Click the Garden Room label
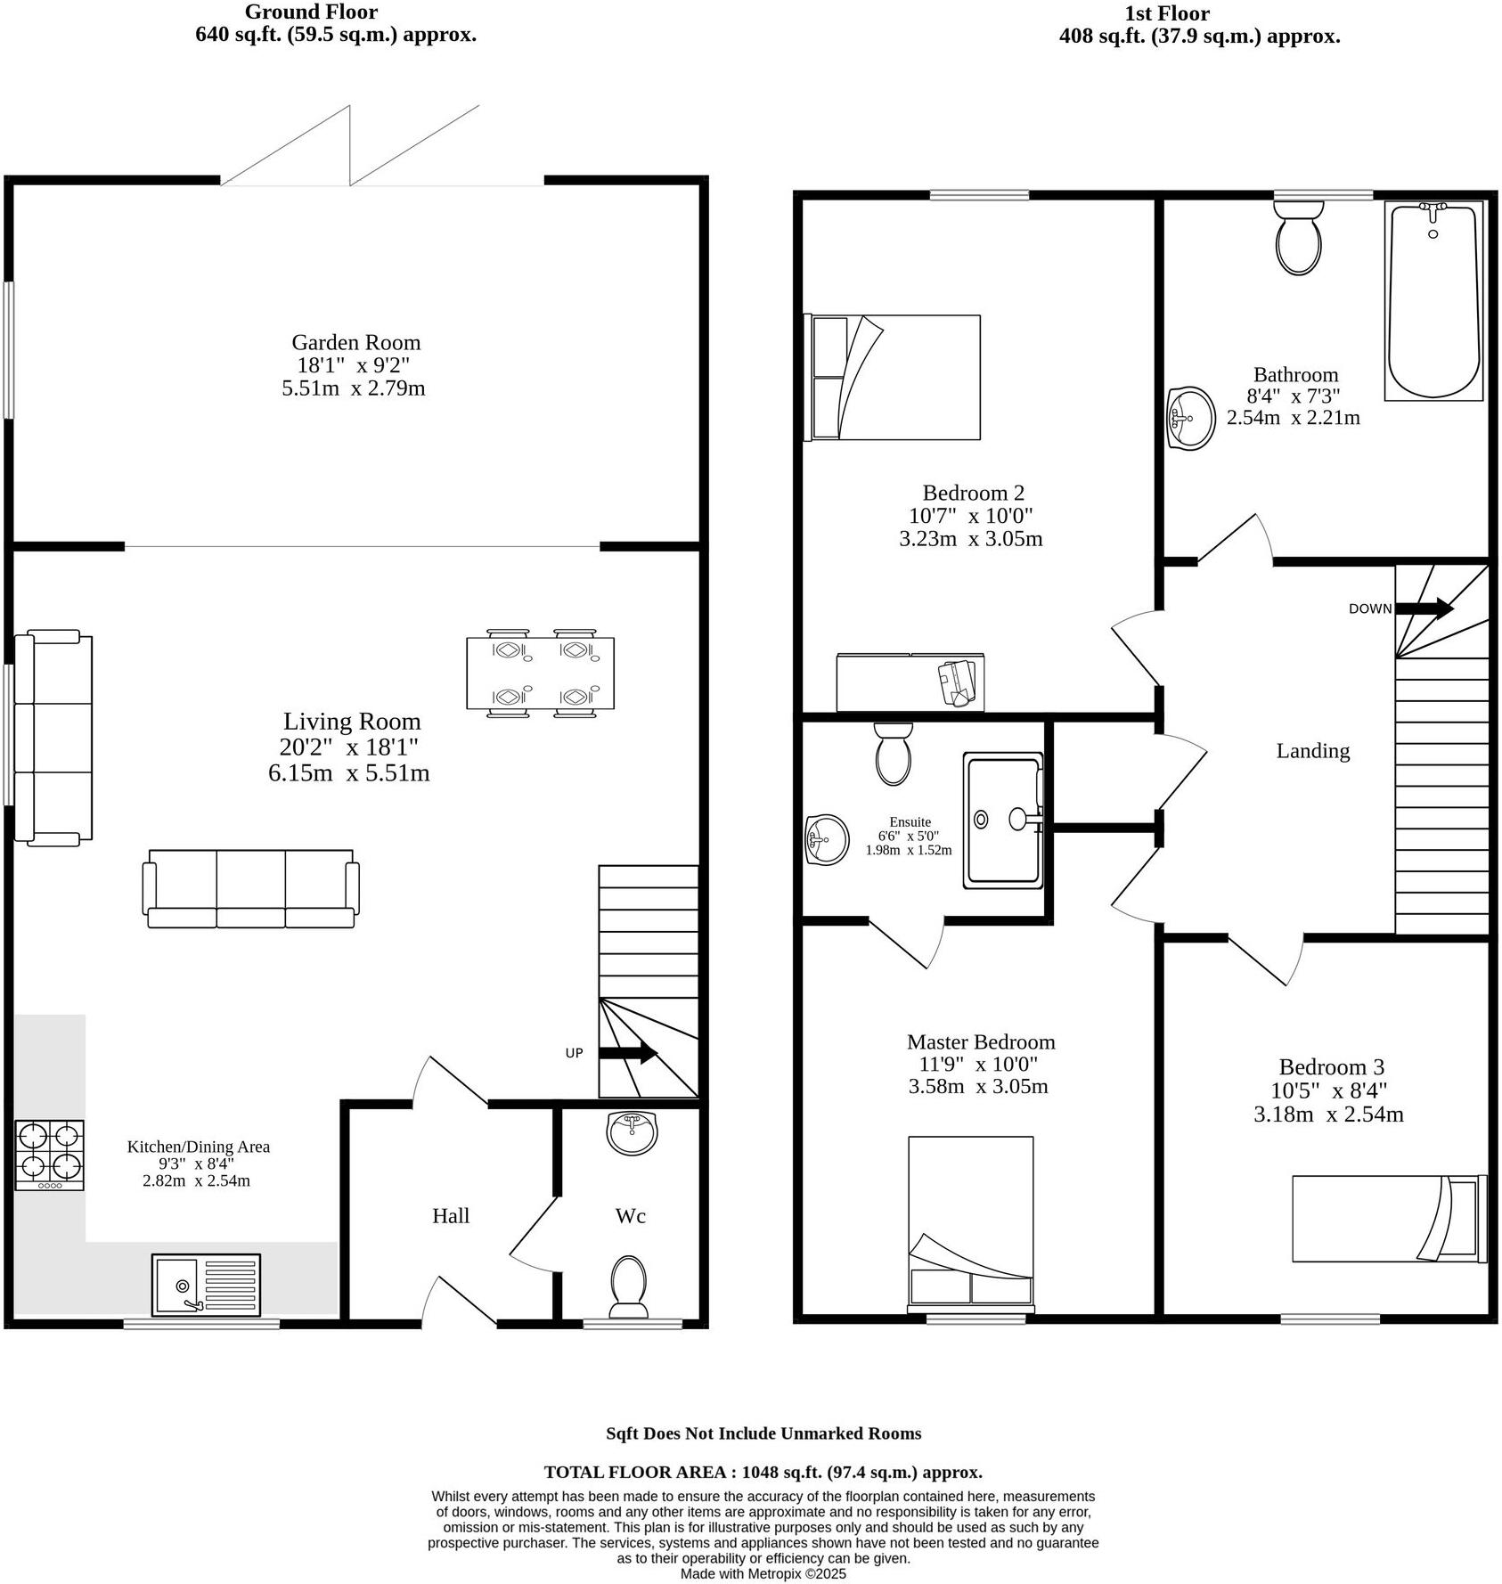[355, 342]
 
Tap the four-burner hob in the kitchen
[50, 1154]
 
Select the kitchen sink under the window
[206, 1285]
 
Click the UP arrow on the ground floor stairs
[628, 1053]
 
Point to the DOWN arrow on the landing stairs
[1424, 608]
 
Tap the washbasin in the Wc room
[633, 1132]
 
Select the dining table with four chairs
[540, 674]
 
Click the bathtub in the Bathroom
[1433, 300]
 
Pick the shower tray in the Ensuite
[1002, 821]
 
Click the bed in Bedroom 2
[893, 377]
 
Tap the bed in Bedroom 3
[1388, 1218]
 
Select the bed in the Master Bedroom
[970, 1221]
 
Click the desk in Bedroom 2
[910, 682]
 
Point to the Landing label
[1312, 751]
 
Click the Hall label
[451, 1216]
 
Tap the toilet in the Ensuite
[894, 754]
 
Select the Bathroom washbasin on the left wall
[1191, 417]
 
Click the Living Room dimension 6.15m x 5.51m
[348, 773]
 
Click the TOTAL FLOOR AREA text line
[763, 1473]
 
